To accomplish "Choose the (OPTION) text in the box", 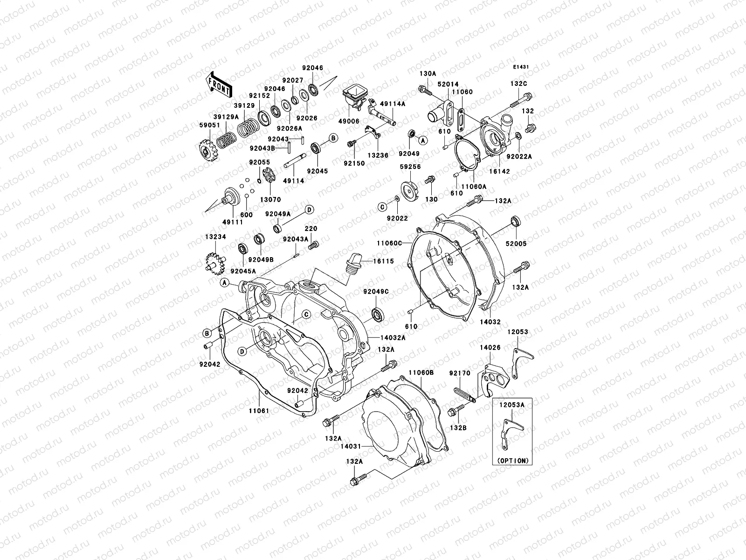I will click(513, 460).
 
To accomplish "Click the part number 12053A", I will click(512, 405).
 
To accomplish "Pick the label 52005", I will click(516, 244).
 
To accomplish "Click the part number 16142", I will click(499, 171).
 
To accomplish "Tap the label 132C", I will click(518, 83).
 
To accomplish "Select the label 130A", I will click(428, 73).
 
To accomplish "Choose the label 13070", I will click(270, 199).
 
